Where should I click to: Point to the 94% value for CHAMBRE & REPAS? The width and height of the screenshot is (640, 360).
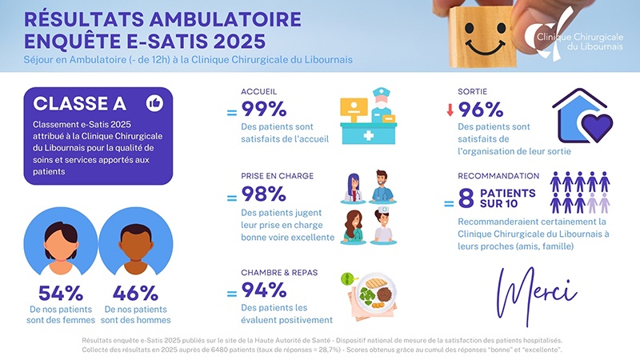pyautogui.click(x=264, y=290)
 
